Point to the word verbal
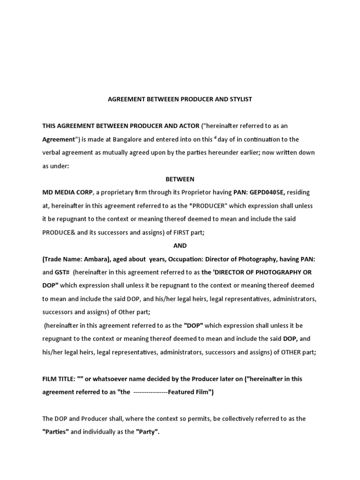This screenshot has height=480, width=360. (x=52, y=152)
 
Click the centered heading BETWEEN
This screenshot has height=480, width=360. (x=180, y=179)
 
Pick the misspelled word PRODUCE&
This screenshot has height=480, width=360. (x=60, y=232)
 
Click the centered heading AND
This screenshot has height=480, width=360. (x=180, y=246)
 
